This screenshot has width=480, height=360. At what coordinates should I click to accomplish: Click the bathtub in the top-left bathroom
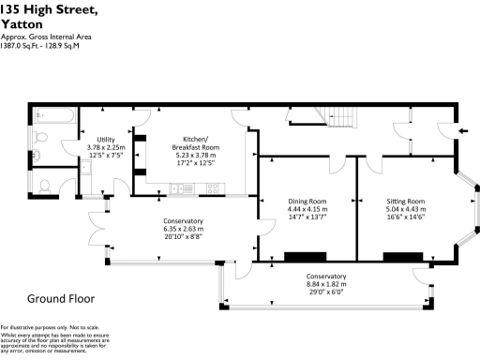[x=49, y=119]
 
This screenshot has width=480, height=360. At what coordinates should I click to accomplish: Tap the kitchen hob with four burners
[x=211, y=188]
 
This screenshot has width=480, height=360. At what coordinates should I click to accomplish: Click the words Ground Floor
[x=61, y=298]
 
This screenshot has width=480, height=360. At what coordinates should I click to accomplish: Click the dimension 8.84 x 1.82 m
[x=327, y=284]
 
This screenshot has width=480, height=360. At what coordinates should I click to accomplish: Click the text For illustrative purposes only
[x=36, y=326]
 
